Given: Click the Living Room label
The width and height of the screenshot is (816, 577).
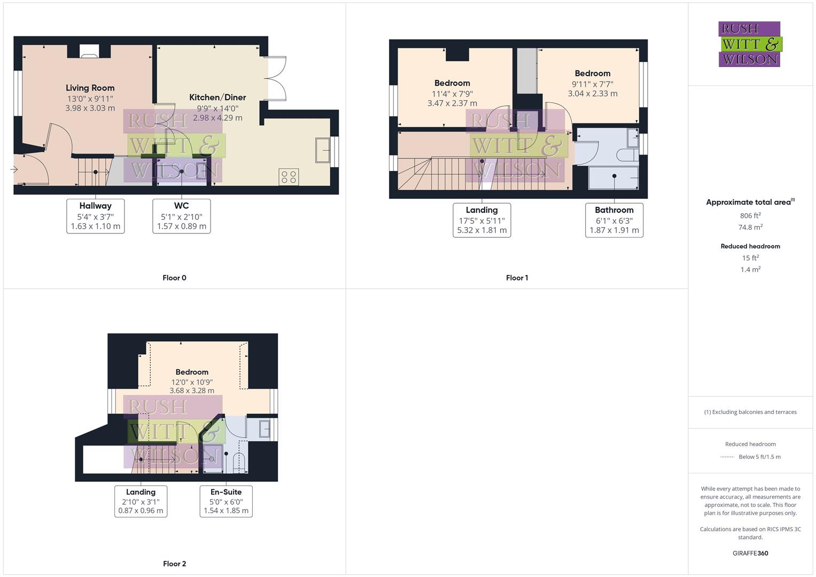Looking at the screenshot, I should [x=90, y=88].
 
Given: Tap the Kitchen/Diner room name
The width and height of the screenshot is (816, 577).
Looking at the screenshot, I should [x=217, y=97].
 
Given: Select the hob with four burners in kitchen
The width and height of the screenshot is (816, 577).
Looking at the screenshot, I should [x=289, y=177].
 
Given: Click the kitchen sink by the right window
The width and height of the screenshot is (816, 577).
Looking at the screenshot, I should [x=323, y=150].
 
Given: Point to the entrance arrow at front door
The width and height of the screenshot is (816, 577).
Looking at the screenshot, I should [x=14, y=169].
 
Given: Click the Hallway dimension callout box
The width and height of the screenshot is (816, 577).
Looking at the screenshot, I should [x=96, y=216].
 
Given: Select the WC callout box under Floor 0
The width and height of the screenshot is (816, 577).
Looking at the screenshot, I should [x=182, y=216].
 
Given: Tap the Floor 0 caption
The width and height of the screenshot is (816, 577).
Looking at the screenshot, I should [x=174, y=278].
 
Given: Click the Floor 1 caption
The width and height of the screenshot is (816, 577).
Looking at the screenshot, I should [x=517, y=278].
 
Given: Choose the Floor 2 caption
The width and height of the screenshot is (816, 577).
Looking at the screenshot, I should [x=174, y=564].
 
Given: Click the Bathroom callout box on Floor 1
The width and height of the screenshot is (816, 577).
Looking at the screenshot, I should [x=614, y=220].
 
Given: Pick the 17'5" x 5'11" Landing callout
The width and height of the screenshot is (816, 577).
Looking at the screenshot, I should [x=481, y=220].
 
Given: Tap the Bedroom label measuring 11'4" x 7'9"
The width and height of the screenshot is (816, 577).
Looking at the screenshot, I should [x=452, y=83].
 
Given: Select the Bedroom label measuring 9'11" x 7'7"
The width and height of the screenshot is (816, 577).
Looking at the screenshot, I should [x=592, y=74].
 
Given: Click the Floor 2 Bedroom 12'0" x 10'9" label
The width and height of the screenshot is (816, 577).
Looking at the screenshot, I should [x=192, y=372].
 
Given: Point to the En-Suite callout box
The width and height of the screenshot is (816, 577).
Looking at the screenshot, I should [x=226, y=501].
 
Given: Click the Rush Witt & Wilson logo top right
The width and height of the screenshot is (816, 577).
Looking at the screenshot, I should [x=749, y=44].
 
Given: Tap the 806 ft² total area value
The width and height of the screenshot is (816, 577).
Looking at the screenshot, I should [x=750, y=216].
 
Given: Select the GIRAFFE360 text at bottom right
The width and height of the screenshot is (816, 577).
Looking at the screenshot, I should [x=750, y=553].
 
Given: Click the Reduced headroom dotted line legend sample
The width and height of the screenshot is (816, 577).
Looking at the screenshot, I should [x=727, y=457].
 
